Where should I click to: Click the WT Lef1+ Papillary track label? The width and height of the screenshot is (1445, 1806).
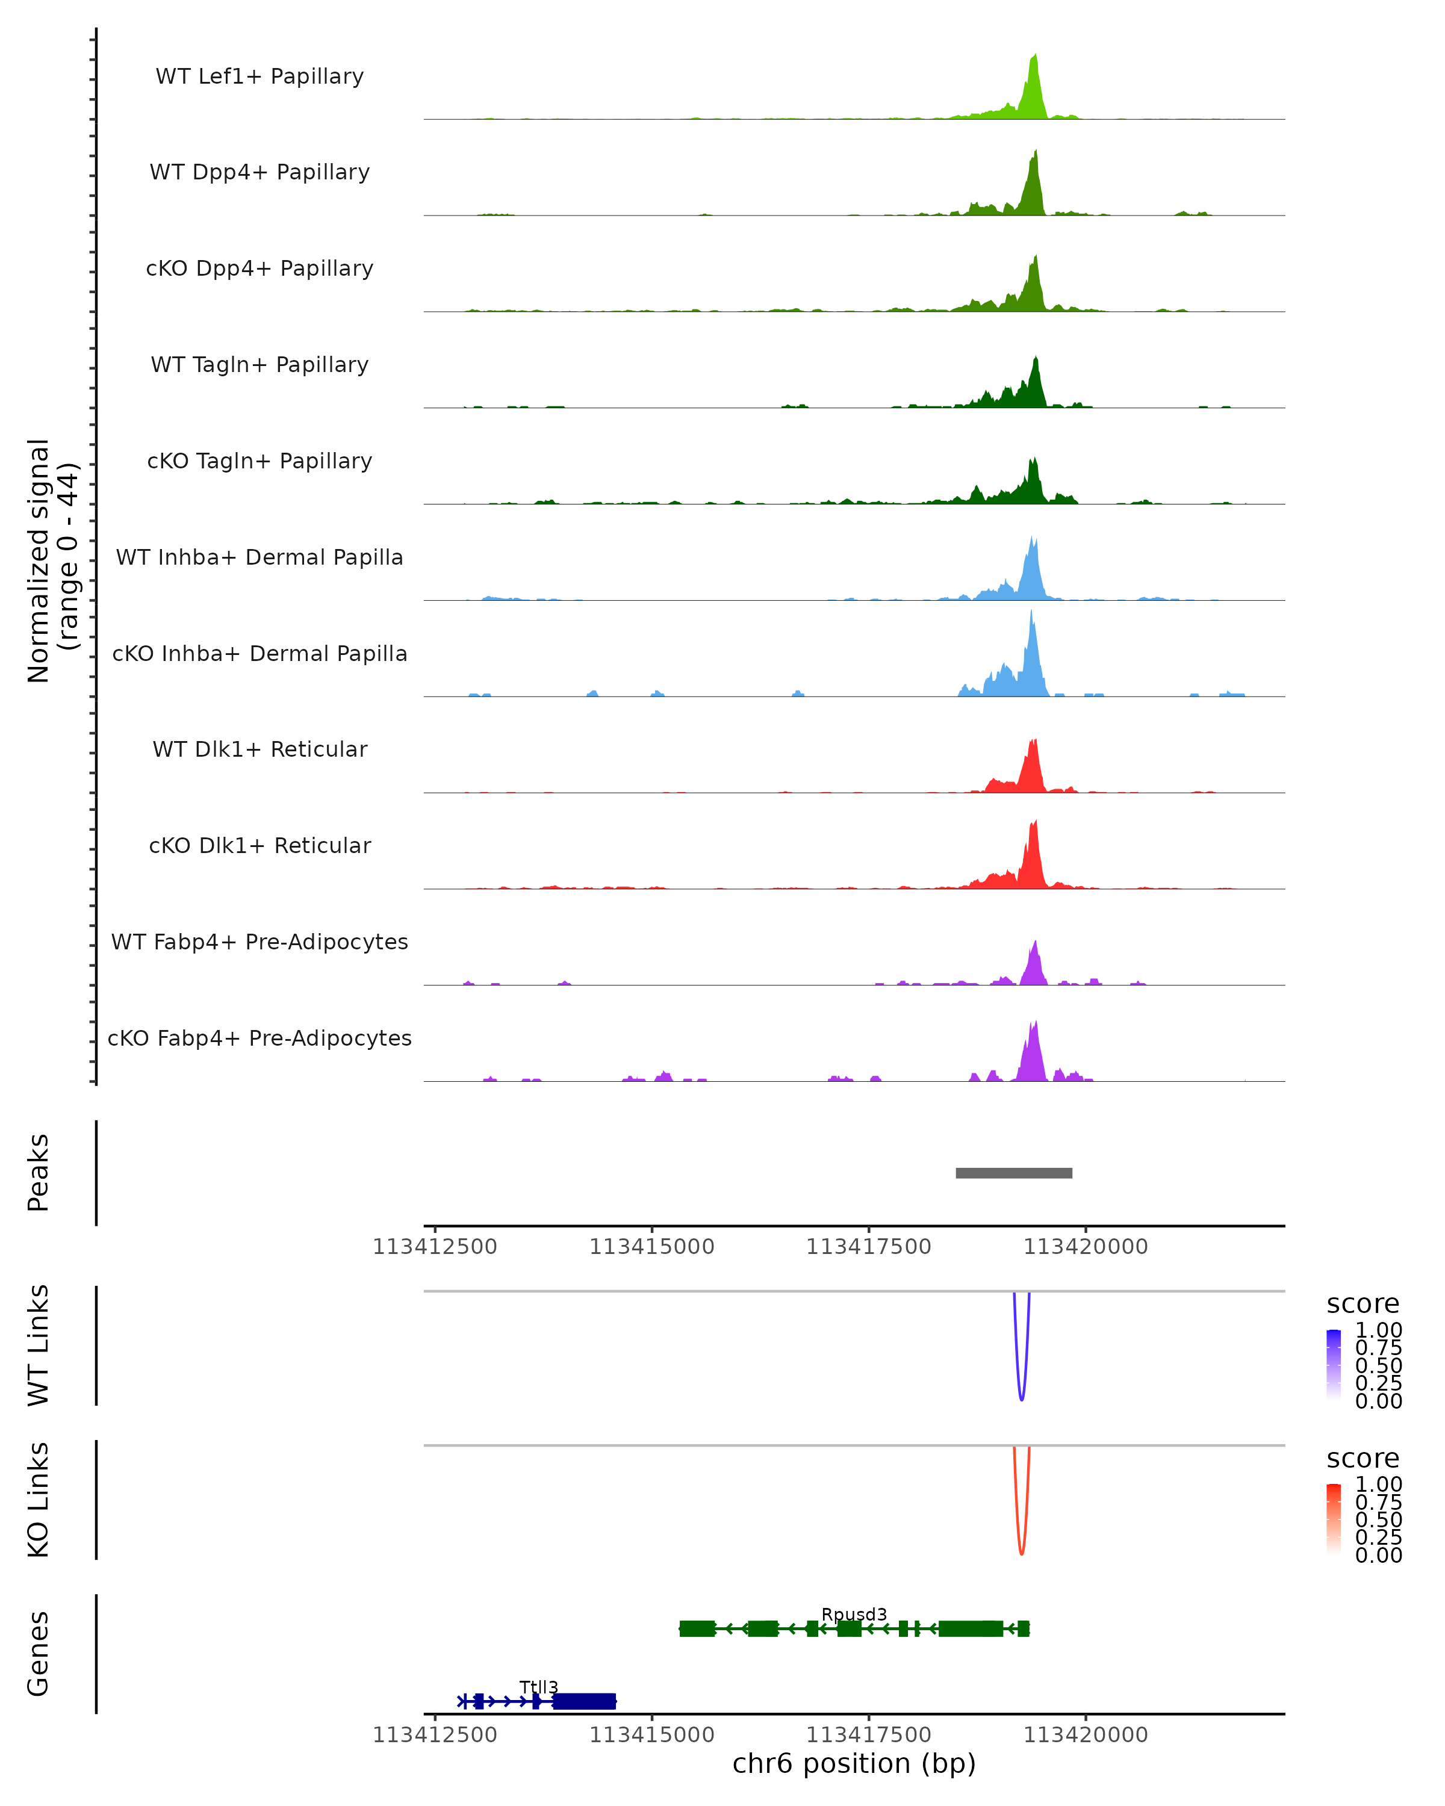[x=259, y=76]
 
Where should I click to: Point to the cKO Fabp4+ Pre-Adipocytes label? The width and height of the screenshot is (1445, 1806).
[x=259, y=1038]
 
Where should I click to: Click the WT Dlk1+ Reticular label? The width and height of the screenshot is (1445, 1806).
[x=259, y=749]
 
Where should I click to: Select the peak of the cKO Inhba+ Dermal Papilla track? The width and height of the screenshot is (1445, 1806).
[x=1031, y=612]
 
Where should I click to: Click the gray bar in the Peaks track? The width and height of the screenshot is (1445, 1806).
[x=1013, y=1173]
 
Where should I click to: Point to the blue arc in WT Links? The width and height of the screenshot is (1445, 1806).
[x=1021, y=1397]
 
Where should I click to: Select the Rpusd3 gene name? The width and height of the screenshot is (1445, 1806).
[x=854, y=1614]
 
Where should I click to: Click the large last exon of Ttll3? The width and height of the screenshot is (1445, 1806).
[x=584, y=1701]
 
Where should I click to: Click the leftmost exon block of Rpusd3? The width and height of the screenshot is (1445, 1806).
[x=697, y=1628]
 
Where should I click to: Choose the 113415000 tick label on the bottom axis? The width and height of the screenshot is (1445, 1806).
[x=651, y=1735]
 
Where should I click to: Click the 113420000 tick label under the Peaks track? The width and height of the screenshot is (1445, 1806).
[x=1086, y=1247]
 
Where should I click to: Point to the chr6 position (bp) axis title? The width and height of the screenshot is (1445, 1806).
[x=854, y=1764]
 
